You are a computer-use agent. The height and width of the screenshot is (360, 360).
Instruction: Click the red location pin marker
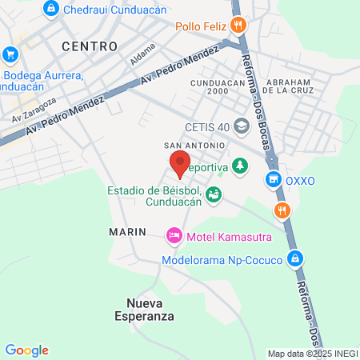pos(180,163)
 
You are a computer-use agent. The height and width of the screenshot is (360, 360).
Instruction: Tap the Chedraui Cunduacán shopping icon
pos(51,8)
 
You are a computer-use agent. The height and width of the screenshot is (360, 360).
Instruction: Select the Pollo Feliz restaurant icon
pos(238,25)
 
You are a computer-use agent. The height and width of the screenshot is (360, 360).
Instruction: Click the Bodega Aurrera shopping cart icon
pos(10,54)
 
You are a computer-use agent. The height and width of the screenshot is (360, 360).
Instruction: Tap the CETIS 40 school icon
pos(243,127)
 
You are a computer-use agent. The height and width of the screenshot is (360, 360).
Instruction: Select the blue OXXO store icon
pos(274,179)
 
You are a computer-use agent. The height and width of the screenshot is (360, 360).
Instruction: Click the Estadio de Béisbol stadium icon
pos(214,194)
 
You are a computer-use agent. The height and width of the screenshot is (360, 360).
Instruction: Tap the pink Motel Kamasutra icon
pos(173,235)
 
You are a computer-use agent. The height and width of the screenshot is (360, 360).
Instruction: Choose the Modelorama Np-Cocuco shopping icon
pos(296,258)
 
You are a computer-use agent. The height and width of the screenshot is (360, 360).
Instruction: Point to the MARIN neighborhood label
pos(128,231)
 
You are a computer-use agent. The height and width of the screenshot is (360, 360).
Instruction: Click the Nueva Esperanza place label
pos(150,309)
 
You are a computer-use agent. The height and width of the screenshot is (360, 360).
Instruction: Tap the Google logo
pos(26,350)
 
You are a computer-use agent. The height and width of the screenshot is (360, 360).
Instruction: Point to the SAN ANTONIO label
pos(190,145)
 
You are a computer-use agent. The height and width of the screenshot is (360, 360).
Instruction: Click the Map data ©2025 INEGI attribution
pos(312,354)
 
